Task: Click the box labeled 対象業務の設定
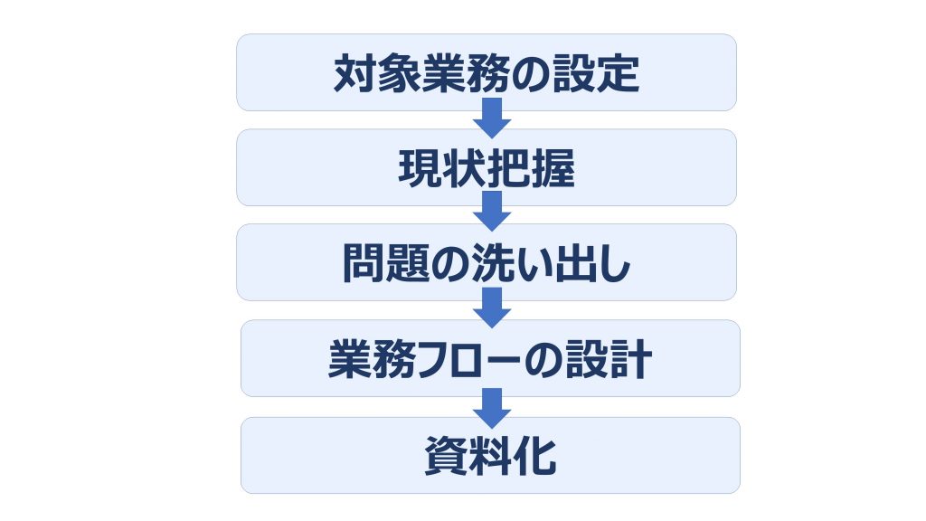tap(486, 72)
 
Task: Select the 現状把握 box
tap(486, 167)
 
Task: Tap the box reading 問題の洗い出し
tap(486, 262)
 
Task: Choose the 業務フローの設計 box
tap(490, 358)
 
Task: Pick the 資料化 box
tap(490, 456)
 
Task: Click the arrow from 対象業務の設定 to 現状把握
tap(492, 118)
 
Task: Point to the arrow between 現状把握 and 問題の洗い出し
tap(492, 212)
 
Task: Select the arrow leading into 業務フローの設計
tap(492, 308)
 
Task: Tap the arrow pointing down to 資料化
tap(492, 408)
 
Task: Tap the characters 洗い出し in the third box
tap(552, 263)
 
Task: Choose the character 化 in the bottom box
tap(535, 456)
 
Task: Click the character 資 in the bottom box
tap(447, 456)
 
